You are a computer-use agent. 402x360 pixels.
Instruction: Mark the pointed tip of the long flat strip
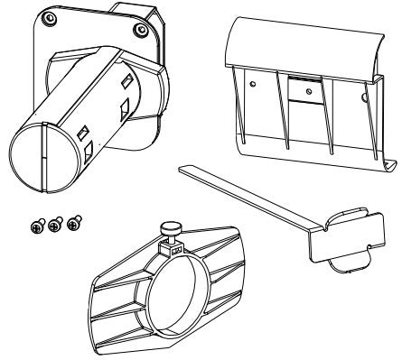pos(182,168)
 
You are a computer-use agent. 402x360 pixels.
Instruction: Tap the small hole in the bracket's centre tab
pos(310,91)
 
